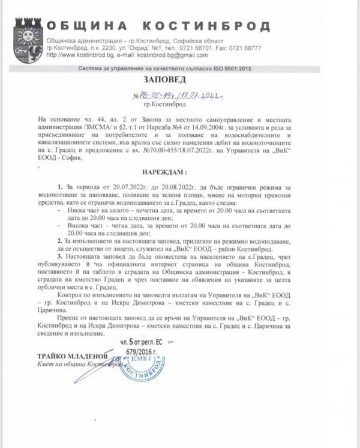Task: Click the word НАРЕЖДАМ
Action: click(x=178, y=171)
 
